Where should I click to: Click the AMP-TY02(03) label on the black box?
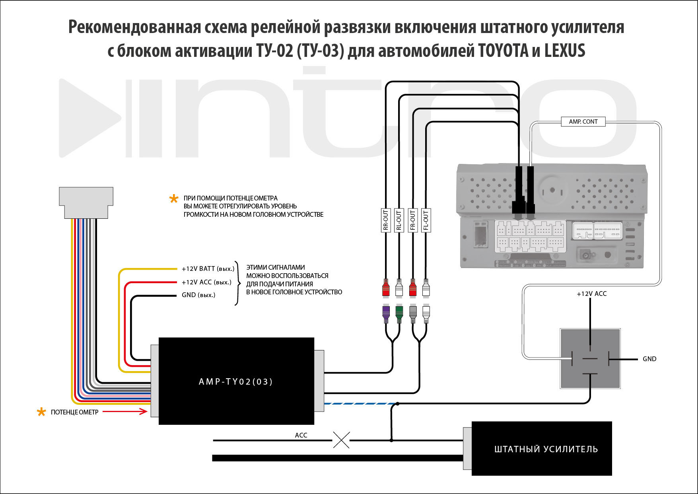[236, 382]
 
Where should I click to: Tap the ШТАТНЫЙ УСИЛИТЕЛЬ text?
[546, 449]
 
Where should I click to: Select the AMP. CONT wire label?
[583, 122]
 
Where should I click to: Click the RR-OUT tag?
[385, 220]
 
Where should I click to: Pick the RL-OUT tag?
[399, 220]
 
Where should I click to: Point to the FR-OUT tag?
[412, 220]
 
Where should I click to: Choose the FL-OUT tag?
[426, 220]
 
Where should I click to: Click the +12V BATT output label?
[208, 269]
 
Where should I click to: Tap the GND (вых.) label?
[198, 295]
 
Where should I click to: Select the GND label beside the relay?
[649, 359]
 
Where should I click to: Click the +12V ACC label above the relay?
[591, 294]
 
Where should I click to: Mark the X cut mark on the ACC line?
[341, 440]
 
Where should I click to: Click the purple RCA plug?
[385, 314]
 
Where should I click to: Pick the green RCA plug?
[399, 314]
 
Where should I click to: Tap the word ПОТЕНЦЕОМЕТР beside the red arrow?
[74, 412]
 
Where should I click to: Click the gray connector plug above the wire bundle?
[86, 202]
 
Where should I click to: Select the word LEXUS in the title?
[564, 51]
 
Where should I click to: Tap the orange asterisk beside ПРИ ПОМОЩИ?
[174, 198]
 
